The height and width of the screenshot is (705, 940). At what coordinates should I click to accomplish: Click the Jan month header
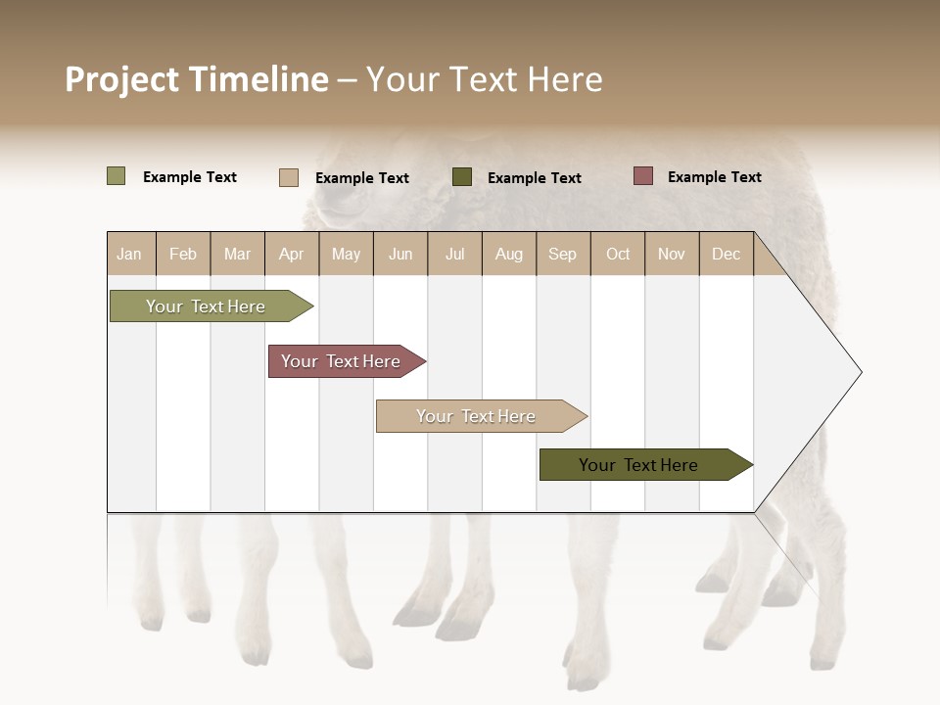(x=129, y=254)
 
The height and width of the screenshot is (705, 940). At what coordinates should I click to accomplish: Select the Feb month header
(x=183, y=254)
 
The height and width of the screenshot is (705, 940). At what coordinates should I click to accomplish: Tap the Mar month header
(x=237, y=254)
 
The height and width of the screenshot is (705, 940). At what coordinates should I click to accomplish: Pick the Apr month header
(x=291, y=254)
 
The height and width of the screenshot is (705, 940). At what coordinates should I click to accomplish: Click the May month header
(x=346, y=254)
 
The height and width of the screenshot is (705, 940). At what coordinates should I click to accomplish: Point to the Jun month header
(x=400, y=254)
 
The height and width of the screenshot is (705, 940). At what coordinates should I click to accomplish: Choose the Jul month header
(x=454, y=254)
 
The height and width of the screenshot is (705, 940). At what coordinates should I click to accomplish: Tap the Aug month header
(x=509, y=254)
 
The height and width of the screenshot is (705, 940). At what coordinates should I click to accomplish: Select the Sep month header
(x=563, y=254)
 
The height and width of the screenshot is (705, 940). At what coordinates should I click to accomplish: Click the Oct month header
(x=618, y=254)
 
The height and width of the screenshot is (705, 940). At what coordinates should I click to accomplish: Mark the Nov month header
(x=672, y=254)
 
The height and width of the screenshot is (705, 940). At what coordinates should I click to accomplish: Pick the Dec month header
(x=727, y=254)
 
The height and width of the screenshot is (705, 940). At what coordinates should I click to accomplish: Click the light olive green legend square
(x=117, y=176)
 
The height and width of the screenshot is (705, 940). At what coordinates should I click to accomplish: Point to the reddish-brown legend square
(x=643, y=176)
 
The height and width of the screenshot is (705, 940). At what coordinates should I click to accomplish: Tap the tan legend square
(x=289, y=177)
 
